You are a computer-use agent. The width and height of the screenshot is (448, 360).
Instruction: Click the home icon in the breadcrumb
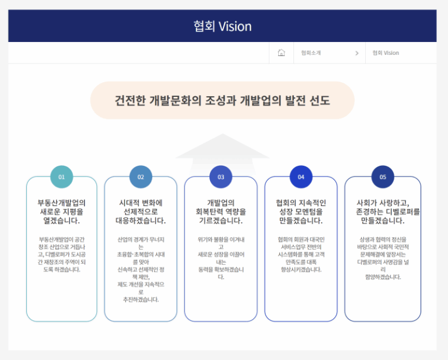pyautogui.click(x=281, y=53)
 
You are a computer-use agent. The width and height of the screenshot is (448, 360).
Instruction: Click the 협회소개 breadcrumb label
pyautogui.click(x=311, y=53)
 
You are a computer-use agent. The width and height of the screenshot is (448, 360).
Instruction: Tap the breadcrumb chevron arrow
pyautogui.click(x=357, y=53)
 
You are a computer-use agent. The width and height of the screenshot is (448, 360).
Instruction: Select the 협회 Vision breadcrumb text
pyautogui.click(x=386, y=53)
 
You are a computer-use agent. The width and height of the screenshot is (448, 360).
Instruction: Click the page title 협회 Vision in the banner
pyautogui.click(x=223, y=26)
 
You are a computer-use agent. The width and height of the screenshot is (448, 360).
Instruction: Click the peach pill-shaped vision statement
pyautogui.click(x=222, y=100)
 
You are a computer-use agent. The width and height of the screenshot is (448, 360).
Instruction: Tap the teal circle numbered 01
pyautogui.click(x=62, y=177)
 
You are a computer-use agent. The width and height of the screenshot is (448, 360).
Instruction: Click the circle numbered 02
pyautogui.click(x=141, y=177)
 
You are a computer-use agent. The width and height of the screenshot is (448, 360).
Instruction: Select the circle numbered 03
pyautogui.click(x=221, y=177)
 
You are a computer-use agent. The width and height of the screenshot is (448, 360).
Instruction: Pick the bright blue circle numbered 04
pyautogui.click(x=301, y=177)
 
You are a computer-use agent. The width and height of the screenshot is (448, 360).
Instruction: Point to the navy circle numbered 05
pyautogui.click(x=383, y=177)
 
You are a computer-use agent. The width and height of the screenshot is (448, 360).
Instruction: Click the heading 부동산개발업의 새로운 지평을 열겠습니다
pyautogui.click(x=62, y=212)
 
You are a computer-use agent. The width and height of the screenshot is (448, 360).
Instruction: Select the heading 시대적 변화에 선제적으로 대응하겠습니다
pyautogui.click(x=141, y=212)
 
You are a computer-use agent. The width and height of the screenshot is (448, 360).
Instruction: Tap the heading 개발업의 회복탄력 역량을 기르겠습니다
pyautogui.click(x=221, y=212)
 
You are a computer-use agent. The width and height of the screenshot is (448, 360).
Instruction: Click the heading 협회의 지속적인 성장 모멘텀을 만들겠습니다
pyautogui.click(x=301, y=212)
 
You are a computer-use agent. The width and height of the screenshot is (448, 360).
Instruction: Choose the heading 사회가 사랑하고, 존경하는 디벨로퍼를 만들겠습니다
pyautogui.click(x=388, y=212)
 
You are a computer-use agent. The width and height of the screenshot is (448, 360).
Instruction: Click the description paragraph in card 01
pyautogui.click(x=62, y=254)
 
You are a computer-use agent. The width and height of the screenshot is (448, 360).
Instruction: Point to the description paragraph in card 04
pyautogui.click(x=301, y=254)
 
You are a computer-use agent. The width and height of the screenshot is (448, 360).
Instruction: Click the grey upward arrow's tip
pyautogui.click(x=223, y=134)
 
